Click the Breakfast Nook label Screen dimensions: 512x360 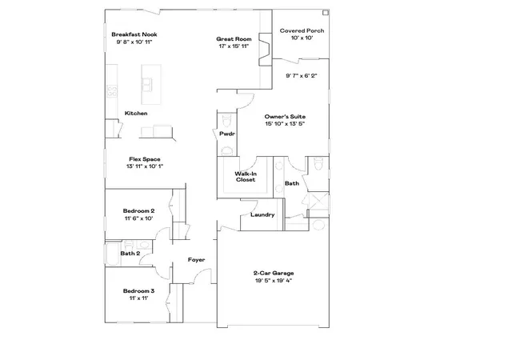click(134, 34)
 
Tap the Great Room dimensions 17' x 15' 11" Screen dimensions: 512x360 click(234, 46)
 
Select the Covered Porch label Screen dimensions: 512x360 click(302, 30)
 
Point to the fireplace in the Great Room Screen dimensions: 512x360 click(266, 49)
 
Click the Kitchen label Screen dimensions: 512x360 click(136, 114)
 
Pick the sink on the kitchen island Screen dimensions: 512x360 click(146, 84)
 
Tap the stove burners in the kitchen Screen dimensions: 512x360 click(112, 90)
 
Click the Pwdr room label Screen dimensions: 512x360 click(227, 134)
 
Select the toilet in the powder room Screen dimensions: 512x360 click(226, 121)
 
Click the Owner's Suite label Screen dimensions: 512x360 click(285, 117)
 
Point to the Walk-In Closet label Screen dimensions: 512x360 click(246, 177)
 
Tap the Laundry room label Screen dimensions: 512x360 click(262, 215)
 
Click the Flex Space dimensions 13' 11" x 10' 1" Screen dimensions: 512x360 click(145, 166)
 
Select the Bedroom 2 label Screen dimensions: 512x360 click(138, 211)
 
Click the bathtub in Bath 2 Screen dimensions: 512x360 click(113, 254)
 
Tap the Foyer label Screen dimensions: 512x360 click(197, 260)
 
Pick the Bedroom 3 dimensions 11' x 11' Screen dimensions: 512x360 click(138, 298)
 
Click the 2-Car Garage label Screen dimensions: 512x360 click(274, 273)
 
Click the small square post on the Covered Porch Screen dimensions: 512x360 click(326, 13)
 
